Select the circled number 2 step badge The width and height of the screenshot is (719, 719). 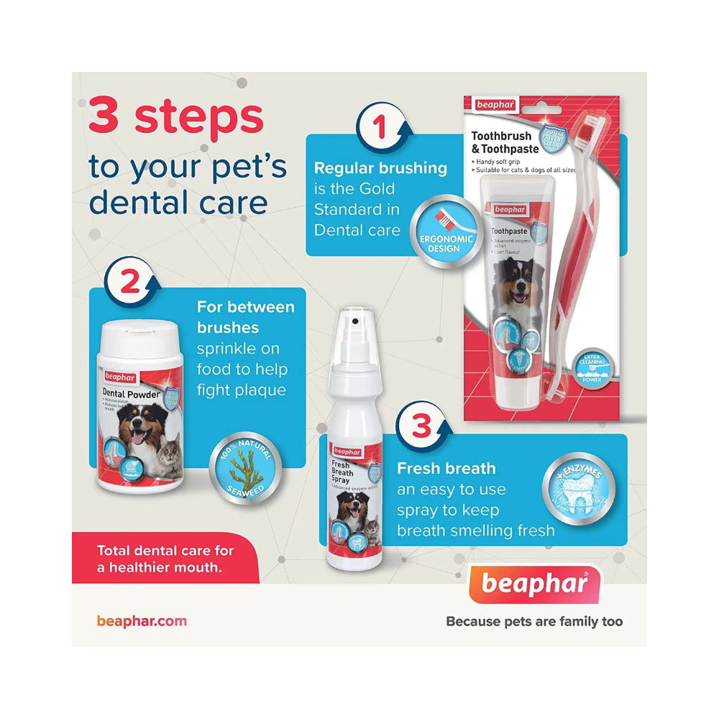129,283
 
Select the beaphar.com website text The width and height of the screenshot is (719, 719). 142,620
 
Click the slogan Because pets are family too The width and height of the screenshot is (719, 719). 534,621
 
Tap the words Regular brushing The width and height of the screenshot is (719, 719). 380,168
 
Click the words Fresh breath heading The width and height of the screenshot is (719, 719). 446,469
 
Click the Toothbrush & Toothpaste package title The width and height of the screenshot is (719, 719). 501,142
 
